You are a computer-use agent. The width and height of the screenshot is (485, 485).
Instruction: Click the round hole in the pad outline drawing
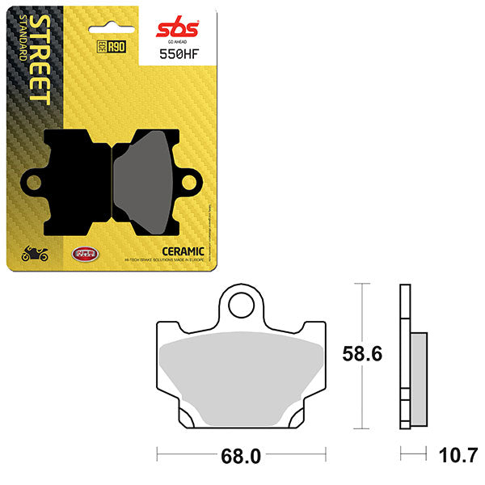pos(240,306)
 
